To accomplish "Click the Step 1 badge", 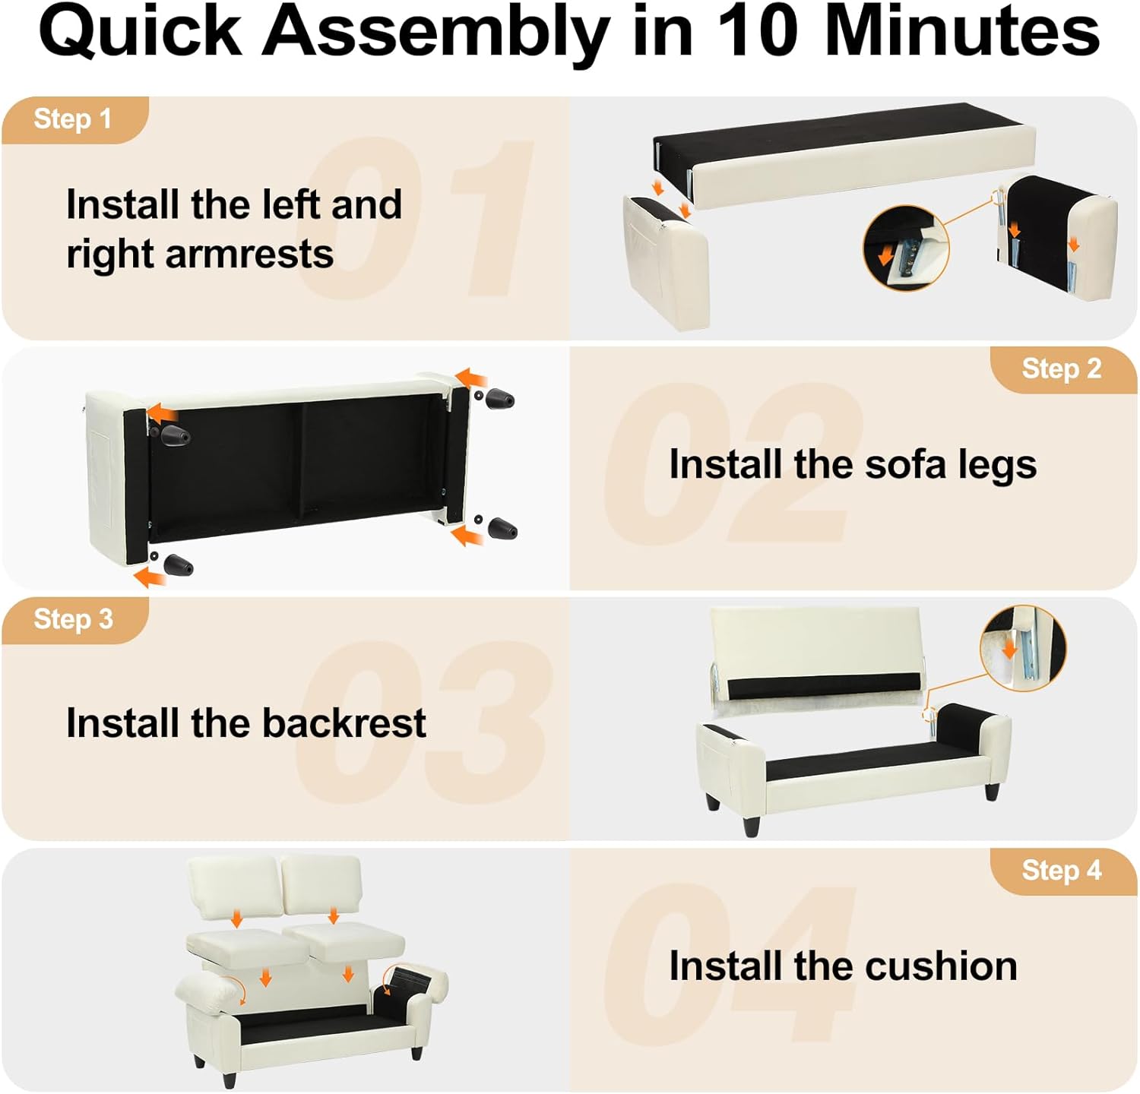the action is pos(74,119).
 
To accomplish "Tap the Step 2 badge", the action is pos(1062,369).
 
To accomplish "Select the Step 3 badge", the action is pos(74,620).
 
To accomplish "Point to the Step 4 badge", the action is pos(1062,871).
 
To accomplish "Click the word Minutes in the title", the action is pos(962,32).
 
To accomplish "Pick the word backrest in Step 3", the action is pos(344,722).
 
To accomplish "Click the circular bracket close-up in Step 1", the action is pos(906,248).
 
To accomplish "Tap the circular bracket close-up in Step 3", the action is pos(1023,648).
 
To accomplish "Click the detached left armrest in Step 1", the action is pos(667,261).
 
